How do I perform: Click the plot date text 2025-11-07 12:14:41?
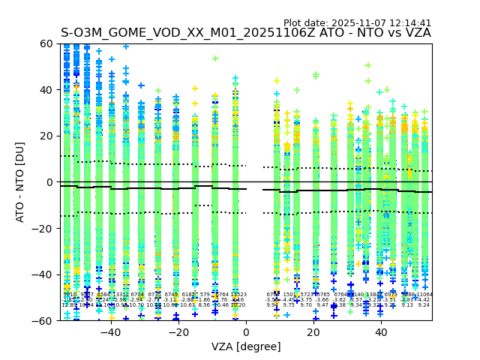pyautogui.click(x=357, y=23)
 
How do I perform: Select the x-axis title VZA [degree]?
pyautogui.click(x=246, y=346)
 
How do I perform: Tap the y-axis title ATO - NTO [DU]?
pyautogui.click(x=20, y=181)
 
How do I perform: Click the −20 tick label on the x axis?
pyautogui.click(x=178, y=332)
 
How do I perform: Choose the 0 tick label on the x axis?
pyautogui.click(x=246, y=332)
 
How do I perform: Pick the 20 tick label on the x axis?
pyautogui.click(x=313, y=332)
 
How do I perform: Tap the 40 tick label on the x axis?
pyautogui.click(x=382, y=332)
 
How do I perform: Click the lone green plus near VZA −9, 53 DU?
pyautogui.click(x=215, y=58)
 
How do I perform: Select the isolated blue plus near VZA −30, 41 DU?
pyautogui.click(x=141, y=86)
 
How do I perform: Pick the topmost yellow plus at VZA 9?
pyautogui.click(x=277, y=81)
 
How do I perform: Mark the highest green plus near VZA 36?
pyautogui.click(x=367, y=66)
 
